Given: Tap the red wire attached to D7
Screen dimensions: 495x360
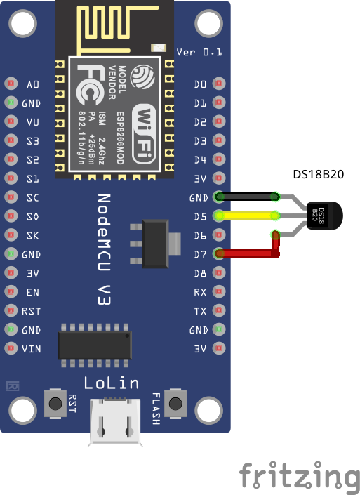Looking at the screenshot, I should pos(246,253).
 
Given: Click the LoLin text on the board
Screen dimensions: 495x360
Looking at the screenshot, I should pos(111,383).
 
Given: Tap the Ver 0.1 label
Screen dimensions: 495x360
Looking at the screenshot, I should pos(199,52).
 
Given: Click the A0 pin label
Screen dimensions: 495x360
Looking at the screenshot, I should pos(33,84).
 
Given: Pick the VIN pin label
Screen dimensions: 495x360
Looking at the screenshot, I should pos(32,348).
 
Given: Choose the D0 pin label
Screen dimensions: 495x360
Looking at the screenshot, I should pos(200,84).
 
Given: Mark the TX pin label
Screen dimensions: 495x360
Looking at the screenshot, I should pos(200,310).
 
